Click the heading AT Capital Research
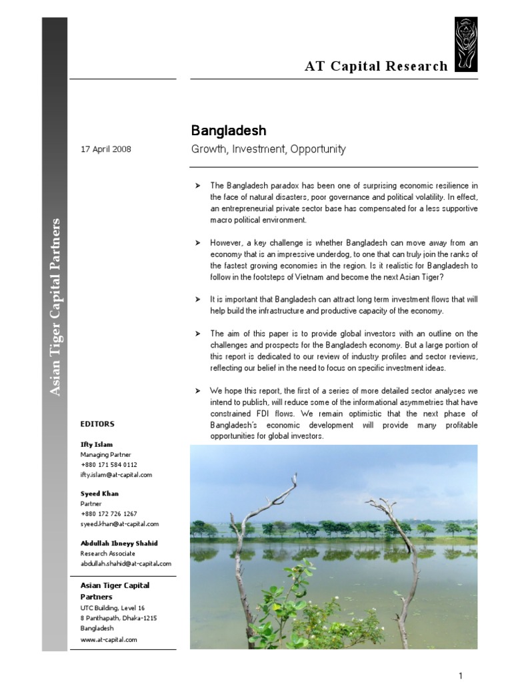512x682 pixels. [x=376, y=66]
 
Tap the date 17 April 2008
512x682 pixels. [x=106, y=149]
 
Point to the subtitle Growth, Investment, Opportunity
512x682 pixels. [x=268, y=149]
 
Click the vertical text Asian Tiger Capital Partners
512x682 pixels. [x=56, y=306]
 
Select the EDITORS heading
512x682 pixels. [x=97, y=424]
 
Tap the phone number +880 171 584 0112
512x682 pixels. [x=109, y=464]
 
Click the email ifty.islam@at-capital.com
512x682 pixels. [x=116, y=474]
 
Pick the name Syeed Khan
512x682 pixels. [x=99, y=494]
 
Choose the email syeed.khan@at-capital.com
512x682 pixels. [x=119, y=524]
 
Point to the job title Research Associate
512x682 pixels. [x=107, y=553]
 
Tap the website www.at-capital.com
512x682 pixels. [x=108, y=639]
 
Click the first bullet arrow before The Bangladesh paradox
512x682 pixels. [x=197, y=185]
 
